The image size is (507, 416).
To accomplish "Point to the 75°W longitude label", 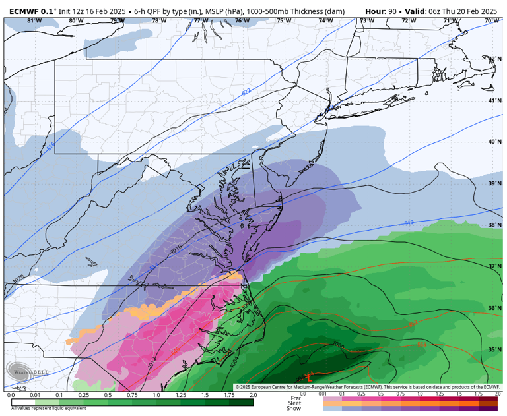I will coord(284,21).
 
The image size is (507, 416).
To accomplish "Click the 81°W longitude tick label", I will coord(34,21).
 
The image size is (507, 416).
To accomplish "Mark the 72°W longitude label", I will coord(409,21).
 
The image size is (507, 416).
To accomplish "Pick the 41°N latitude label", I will coord(494,100).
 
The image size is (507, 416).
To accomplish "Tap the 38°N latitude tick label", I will coord(494,225).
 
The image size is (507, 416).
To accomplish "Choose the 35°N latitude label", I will coord(494,350).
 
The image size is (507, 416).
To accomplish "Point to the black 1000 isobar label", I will coord(339,344).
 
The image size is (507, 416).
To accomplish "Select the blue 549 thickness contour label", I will coord(409,223).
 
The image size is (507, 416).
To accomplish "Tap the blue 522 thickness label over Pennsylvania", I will coord(246,92).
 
